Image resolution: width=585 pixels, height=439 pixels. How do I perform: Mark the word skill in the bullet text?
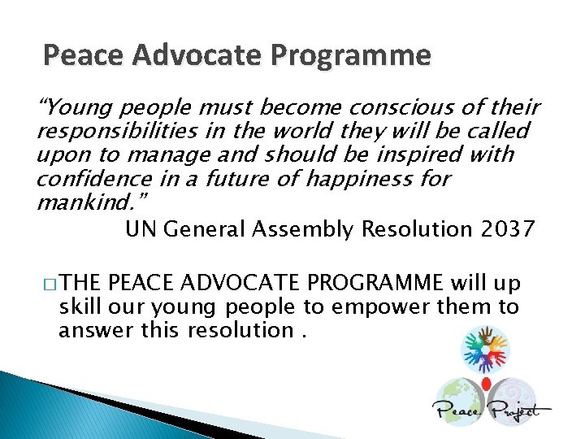pos(80,306)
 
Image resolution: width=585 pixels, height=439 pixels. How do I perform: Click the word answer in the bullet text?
pos(89,329)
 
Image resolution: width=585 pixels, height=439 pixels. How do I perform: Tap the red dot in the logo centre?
pos(486,383)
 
